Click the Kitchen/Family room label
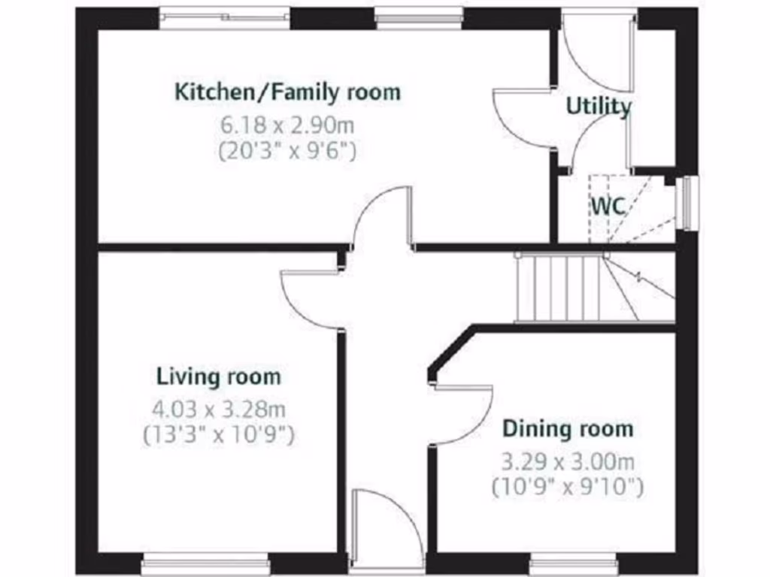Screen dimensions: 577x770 coord(287,92)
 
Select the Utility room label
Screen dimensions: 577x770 coord(599,107)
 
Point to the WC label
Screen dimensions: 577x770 coord(608,206)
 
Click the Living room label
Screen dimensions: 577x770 coord(219,376)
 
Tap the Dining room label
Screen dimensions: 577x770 coord(568,429)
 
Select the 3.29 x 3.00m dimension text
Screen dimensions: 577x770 coord(568,461)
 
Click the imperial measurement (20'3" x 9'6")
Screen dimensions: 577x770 coord(287,150)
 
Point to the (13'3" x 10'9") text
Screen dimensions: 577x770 coord(218,434)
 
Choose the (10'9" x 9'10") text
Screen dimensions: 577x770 coord(568,487)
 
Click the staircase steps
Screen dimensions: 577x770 coord(560,288)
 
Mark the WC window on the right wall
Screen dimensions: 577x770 coord(687,203)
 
